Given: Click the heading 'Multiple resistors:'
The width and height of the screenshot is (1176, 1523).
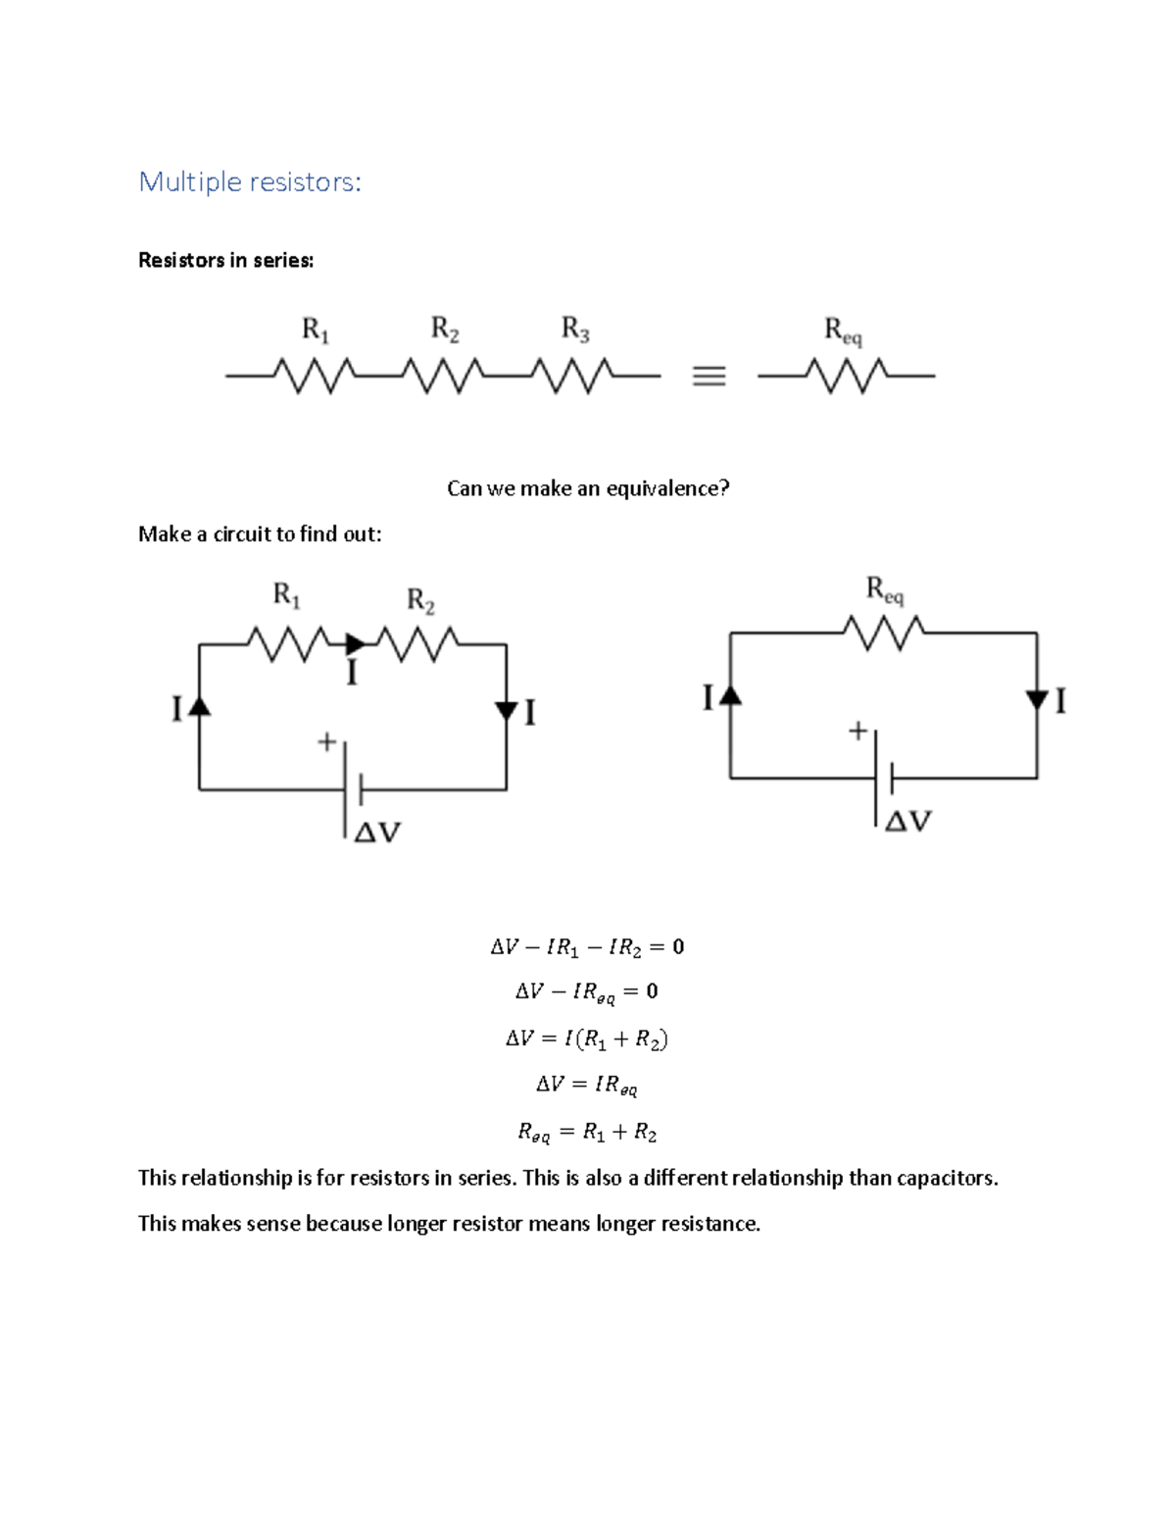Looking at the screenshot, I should (x=250, y=182).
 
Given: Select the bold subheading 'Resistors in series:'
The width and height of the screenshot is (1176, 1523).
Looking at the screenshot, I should (x=226, y=261).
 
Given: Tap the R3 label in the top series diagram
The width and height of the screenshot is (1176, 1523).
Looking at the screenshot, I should (x=575, y=330).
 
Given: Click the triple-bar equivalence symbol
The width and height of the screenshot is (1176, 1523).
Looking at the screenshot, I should (x=709, y=376).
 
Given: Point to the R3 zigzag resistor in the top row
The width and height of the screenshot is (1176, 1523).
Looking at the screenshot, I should (x=571, y=376).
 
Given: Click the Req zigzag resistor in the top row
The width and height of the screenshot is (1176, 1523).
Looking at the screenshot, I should (x=847, y=376).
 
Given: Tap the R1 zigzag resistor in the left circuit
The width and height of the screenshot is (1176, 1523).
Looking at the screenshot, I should (x=288, y=644).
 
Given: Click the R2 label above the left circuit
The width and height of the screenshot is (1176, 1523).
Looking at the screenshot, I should (x=420, y=600).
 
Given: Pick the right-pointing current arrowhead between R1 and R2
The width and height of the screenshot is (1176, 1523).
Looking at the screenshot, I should (x=356, y=644).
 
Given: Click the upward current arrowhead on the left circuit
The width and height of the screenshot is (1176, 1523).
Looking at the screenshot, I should (x=199, y=705).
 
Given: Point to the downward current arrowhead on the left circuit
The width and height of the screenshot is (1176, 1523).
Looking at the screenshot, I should (x=507, y=711).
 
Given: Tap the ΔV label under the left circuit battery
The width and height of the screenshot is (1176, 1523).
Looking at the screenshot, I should (x=377, y=834).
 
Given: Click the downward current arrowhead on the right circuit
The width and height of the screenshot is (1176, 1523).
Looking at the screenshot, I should (x=1037, y=699).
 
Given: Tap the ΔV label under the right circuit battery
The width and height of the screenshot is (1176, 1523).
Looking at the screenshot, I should (x=908, y=822).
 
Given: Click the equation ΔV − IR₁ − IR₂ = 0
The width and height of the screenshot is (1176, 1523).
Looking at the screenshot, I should (x=587, y=947).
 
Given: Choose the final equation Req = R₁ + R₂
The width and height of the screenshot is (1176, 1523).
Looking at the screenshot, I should (x=587, y=1133).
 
